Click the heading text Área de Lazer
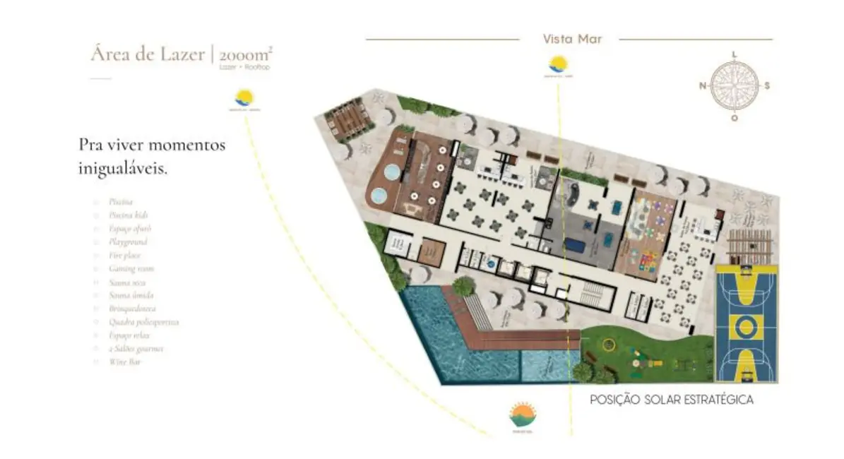(147, 54)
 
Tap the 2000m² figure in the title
(244, 54)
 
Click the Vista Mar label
(572, 40)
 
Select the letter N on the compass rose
(703, 86)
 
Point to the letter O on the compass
(735, 118)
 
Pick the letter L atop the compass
(735, 54)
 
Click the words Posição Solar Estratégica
(672, 400)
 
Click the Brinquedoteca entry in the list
(132, 309)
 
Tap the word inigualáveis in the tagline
(123, 169)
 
